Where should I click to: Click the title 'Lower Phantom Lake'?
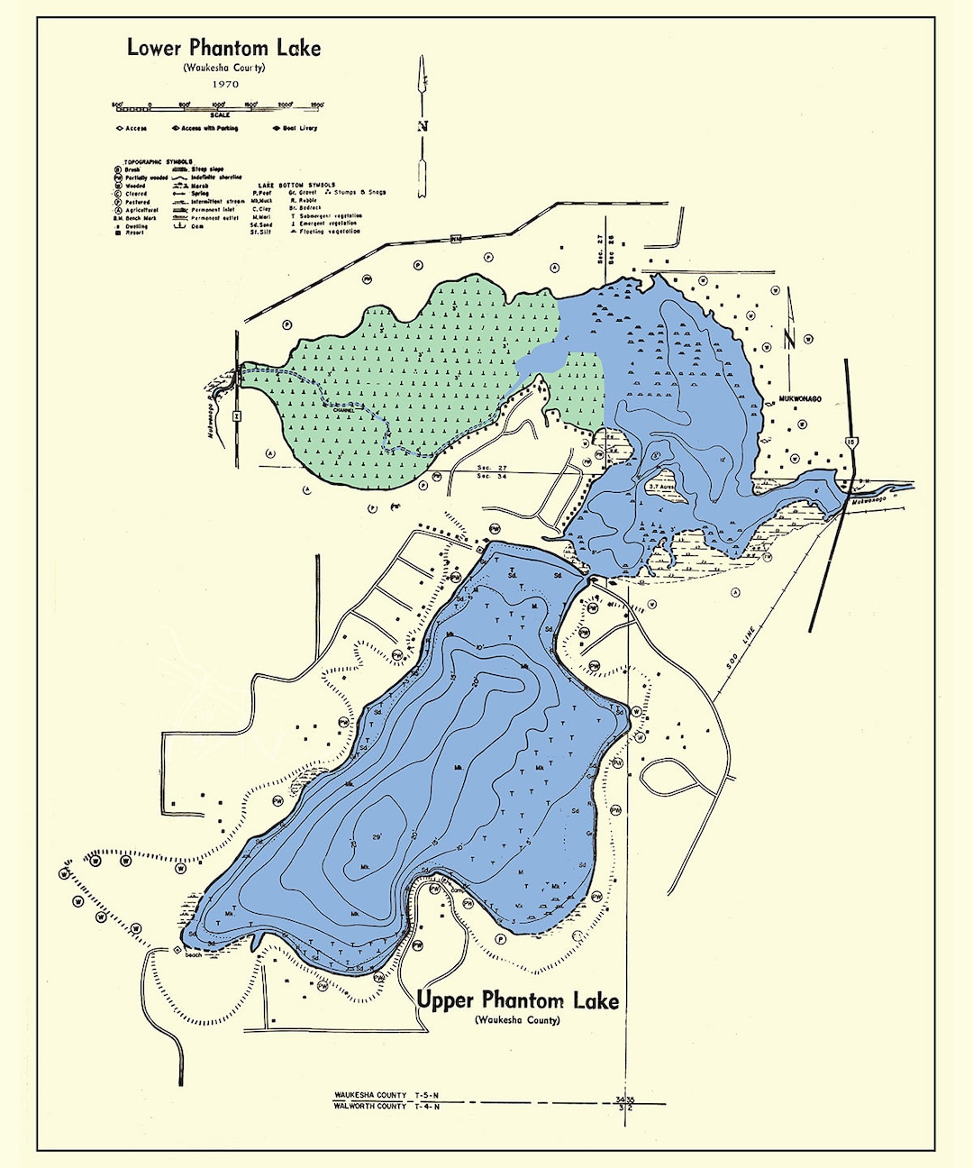pos(223,48)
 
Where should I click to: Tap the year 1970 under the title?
pos(225,85)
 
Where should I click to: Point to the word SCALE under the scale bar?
pos(220,115)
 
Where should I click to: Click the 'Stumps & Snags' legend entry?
pos(359,192)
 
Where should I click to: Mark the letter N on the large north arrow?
pos(422,126)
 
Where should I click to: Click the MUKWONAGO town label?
pos(796,398)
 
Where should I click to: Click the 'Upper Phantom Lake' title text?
pos(518,1000)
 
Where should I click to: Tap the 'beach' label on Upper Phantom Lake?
pos(194,954)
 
